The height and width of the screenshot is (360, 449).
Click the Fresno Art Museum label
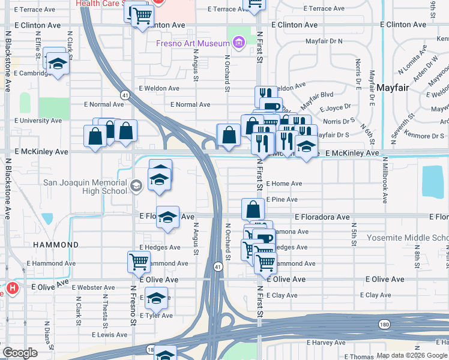(193, 43)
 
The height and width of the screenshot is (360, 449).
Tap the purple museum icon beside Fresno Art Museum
(239, 43)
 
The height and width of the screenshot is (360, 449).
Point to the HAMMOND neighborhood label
(56, 245)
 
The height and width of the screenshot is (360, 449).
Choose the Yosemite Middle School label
(408, 238)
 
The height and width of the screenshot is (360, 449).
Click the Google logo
(20, 352)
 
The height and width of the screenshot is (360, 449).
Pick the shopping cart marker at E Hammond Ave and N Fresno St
(139, 262)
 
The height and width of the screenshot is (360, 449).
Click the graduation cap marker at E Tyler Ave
(156, 298)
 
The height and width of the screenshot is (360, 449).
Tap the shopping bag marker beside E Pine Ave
(253, 209)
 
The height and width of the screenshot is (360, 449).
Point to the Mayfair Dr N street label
(324, 41)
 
